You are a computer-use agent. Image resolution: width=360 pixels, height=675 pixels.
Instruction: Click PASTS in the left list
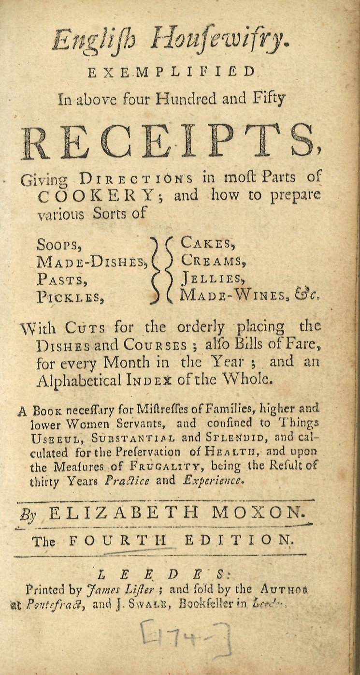click(61, 280)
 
